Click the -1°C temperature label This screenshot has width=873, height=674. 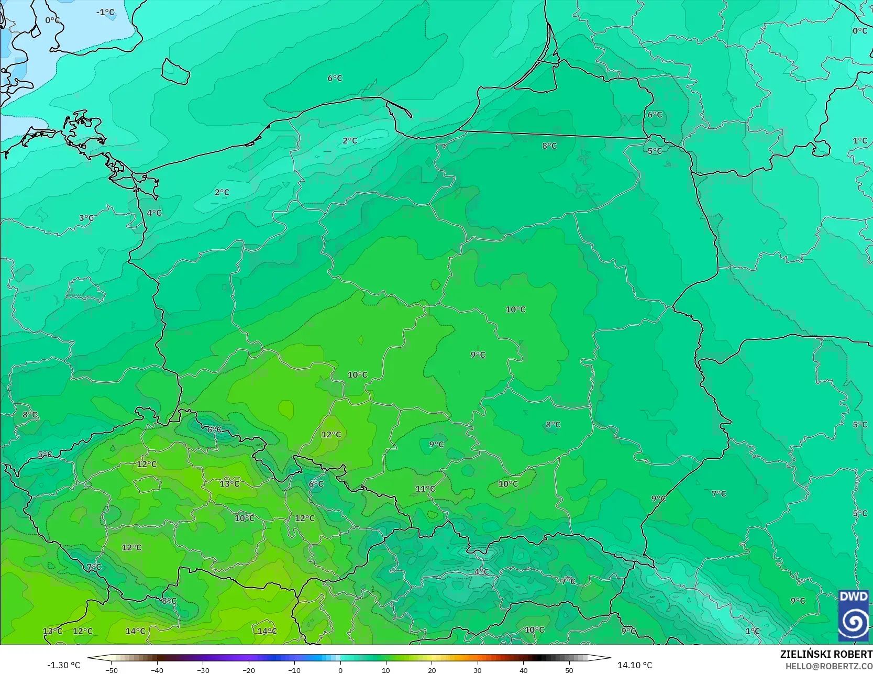pyautogui.click(x=105, y=12)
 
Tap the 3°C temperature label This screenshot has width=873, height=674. pyautogui.click(x=86, y=218)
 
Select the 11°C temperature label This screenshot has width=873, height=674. pyautogui.click(x=425, y=489)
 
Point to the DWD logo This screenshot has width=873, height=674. pyautogui.click(x=853, y=615)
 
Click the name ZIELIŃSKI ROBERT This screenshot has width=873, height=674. pyautogui.click(x=826, y=654)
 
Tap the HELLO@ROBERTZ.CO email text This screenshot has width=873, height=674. pyautogui.click(x=828, y=666)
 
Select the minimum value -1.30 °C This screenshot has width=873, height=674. pyautogui.click(x=64, y=665)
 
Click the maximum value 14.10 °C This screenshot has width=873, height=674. pyautogui.click(x=635, y=665)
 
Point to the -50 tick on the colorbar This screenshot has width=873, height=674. pyautogui.click(x=111, y=670)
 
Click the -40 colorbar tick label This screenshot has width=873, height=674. pyautogui.click(x=157, y=670)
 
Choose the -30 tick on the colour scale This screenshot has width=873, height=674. pyautogui.click(x=203, y=670)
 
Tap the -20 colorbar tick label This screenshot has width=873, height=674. pyautogui.click(x=249, y=670)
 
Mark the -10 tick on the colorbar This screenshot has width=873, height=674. pyautogui.click(x=294, y=670)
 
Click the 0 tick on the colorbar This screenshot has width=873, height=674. pyautogui.click(x=340, y=670)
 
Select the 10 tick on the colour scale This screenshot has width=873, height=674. pyautogui.click(x=386, y=670)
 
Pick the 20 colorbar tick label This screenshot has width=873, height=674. pyautogui.click(x=432, y=670)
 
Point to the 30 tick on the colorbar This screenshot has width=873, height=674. pyautogui.click(x=478, y=670)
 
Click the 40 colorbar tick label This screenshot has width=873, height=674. pyautogui.click(x=524, y=670)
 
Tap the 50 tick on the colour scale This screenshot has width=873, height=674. pyautogui.click(x=569, y=670)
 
